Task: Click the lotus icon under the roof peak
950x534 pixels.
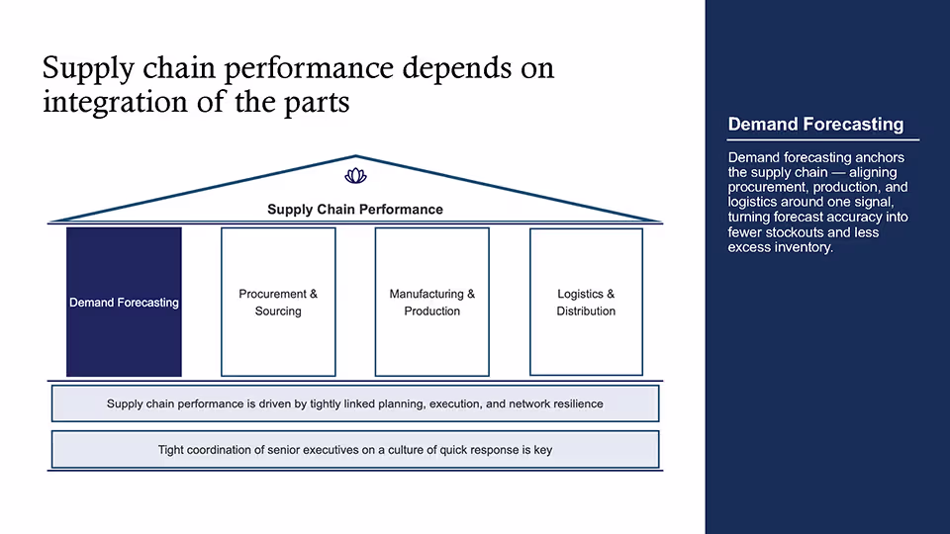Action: (355, 176)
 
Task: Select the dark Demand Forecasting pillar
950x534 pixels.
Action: (125, 303)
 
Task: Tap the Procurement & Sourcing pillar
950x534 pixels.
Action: (278, 303)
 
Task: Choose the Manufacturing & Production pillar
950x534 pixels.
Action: (432, 303)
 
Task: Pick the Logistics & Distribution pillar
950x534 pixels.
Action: (586, 303)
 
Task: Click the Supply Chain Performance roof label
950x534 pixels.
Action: (355, 210)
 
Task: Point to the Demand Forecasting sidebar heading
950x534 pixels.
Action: (815, 125)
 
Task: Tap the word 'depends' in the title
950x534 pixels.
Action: (457, 67)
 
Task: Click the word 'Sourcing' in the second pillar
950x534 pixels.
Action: (278, 311)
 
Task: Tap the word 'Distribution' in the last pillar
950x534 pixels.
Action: (586, 311)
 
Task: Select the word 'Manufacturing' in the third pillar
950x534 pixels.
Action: (427, 295)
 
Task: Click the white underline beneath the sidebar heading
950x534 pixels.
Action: (823, 139)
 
